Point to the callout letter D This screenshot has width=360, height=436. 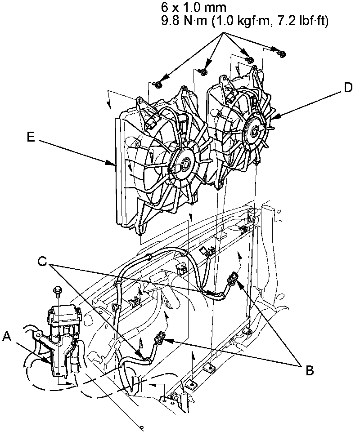(x=347, y=88)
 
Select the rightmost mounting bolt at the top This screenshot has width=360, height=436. (x=282, y=53)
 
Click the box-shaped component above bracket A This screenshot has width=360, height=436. (x=63, y=317)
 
